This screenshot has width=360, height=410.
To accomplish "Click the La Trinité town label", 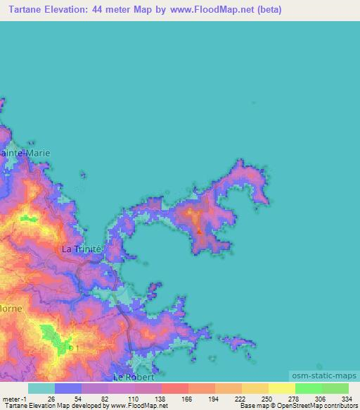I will (x=82, y=249).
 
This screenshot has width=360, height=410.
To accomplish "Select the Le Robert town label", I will (x=129, y=378).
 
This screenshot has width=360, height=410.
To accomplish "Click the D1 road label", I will (x=71, y=348).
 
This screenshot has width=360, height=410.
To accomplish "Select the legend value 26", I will (x=51, y=398).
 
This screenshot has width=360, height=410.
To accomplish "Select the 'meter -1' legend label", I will (x=14, y=398).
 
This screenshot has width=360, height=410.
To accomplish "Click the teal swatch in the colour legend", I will (x=41, y=388).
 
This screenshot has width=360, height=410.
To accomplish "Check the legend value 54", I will (x=78, y=398).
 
